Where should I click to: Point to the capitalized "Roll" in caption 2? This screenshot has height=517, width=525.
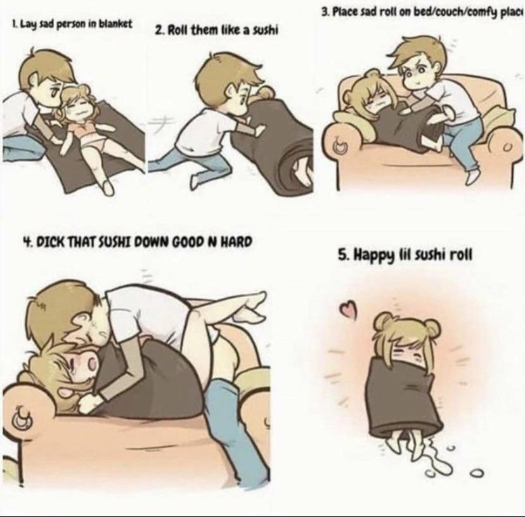point(178,30)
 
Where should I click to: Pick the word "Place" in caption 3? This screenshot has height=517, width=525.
point(345,13)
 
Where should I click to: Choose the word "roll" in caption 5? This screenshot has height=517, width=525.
point(462,256)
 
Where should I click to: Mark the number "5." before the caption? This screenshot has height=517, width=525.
point(343,256)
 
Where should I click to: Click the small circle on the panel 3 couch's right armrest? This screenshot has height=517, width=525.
point(508,147)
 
